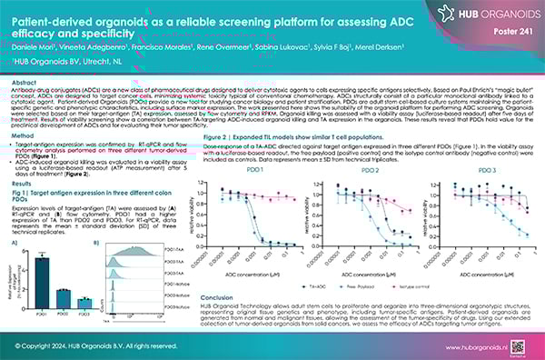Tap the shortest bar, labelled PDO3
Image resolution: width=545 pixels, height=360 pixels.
click(84, 277)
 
